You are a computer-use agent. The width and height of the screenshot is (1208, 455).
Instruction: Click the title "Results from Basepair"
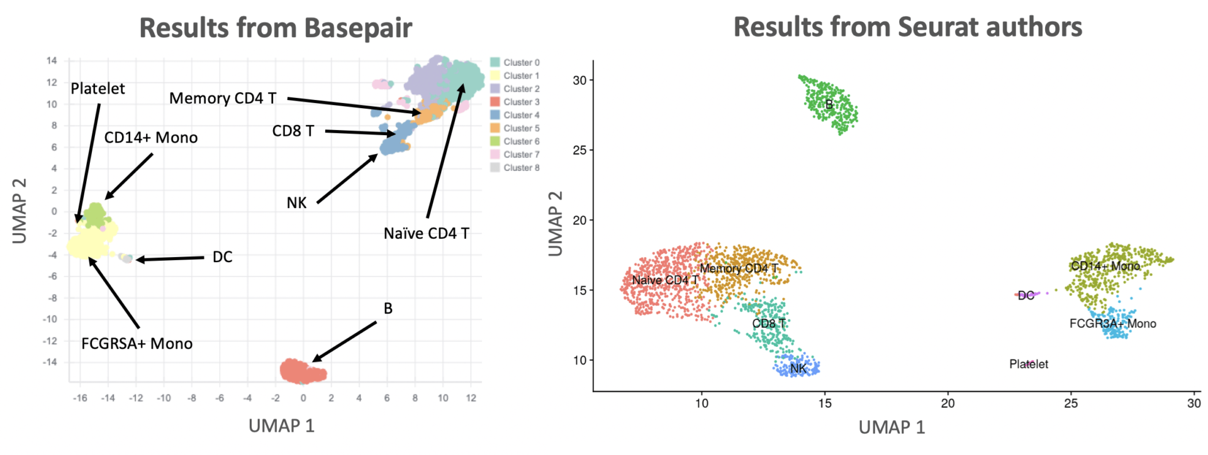[276, 28]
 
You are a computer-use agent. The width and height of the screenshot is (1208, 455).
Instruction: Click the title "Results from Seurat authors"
[907, 27]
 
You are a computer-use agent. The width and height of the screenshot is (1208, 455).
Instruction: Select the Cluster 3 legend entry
[515, 102]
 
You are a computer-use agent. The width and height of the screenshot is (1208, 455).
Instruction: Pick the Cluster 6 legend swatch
[495, 141]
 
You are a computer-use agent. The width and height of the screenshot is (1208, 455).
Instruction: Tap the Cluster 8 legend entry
[515, 168]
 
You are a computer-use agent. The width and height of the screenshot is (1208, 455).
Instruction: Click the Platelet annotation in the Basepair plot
[98, 89]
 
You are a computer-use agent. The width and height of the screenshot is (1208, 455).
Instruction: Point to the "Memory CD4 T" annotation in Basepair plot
[223, 99]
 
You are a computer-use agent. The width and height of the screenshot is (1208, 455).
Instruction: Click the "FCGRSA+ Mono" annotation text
[137, 344]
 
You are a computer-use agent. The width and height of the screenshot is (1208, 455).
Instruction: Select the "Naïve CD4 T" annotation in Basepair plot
[427, 234]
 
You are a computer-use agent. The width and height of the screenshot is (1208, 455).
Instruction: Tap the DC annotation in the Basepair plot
[222, 257]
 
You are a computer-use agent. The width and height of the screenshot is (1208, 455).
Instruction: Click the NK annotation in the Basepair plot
[296, 203]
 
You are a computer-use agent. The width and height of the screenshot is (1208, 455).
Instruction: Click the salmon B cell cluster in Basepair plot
[302, 371]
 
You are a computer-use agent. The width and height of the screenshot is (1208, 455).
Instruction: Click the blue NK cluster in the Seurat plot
[798, 367]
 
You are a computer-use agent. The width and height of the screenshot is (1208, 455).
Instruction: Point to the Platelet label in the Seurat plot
[1029, 365]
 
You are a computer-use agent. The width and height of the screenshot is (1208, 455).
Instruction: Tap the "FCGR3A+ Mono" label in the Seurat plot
[1112, 324]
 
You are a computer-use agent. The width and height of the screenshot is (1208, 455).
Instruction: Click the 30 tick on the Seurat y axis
[579, 80]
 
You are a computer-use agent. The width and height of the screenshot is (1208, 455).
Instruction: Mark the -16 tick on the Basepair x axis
[80, 398]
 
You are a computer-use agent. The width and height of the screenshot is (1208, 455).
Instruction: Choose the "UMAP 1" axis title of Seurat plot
[892, 428]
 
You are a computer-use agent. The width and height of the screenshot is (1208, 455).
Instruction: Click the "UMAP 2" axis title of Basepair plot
[20, 211]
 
